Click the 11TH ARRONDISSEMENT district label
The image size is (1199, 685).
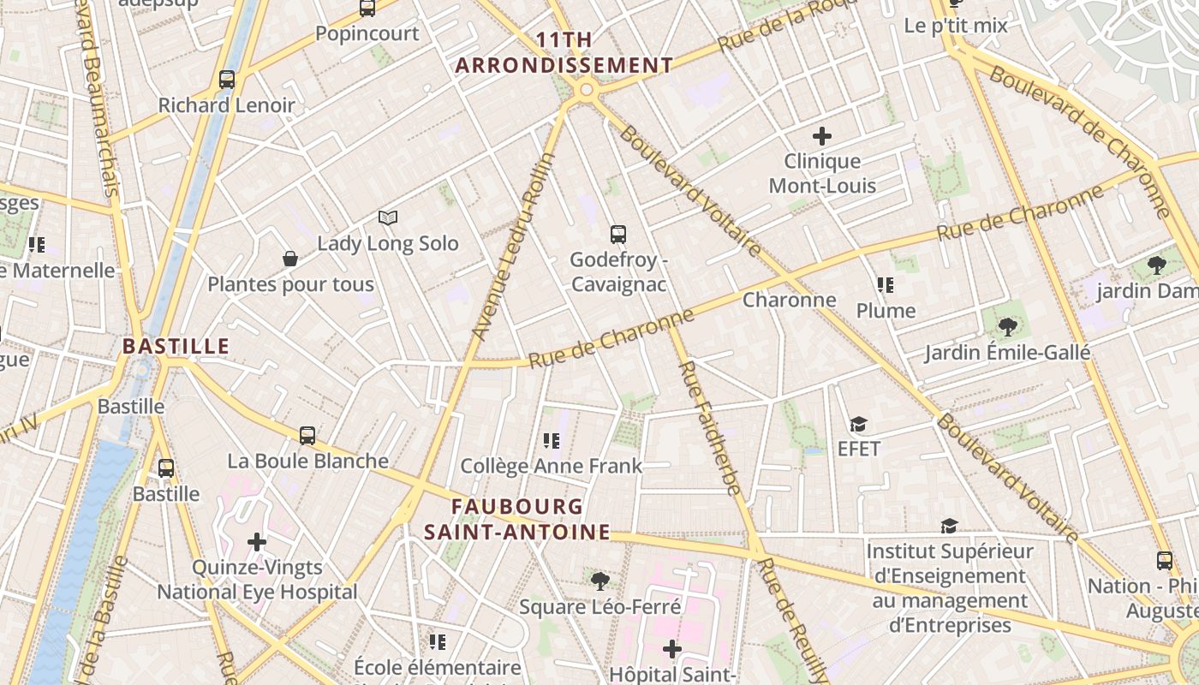564,53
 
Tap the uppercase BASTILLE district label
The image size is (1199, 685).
176,347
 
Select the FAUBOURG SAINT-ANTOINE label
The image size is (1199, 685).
517,520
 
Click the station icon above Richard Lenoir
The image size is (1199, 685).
227,80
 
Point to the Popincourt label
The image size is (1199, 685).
367,33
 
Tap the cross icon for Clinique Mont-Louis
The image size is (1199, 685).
822,136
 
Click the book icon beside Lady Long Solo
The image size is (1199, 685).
388,218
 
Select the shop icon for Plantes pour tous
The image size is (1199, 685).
290,259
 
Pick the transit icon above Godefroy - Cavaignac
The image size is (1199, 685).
618,235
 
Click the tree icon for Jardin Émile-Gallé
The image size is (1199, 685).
1007,326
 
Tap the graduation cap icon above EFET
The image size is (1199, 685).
858,424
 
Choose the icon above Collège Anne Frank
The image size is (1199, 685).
552,441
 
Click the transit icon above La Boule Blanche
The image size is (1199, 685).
307,436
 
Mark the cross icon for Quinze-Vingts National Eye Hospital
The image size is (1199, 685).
257,542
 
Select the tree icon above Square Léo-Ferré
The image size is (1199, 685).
600,581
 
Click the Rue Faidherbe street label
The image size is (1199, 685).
709,428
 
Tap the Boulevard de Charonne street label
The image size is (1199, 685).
1081,141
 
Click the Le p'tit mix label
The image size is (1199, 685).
956,26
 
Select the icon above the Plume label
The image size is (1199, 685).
886,285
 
